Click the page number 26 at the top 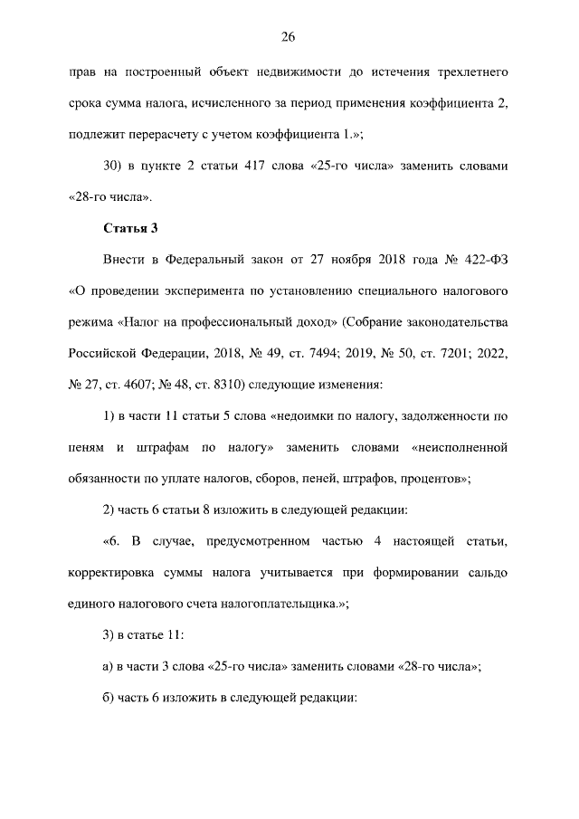[289, 36]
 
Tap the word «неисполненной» [460, 446]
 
